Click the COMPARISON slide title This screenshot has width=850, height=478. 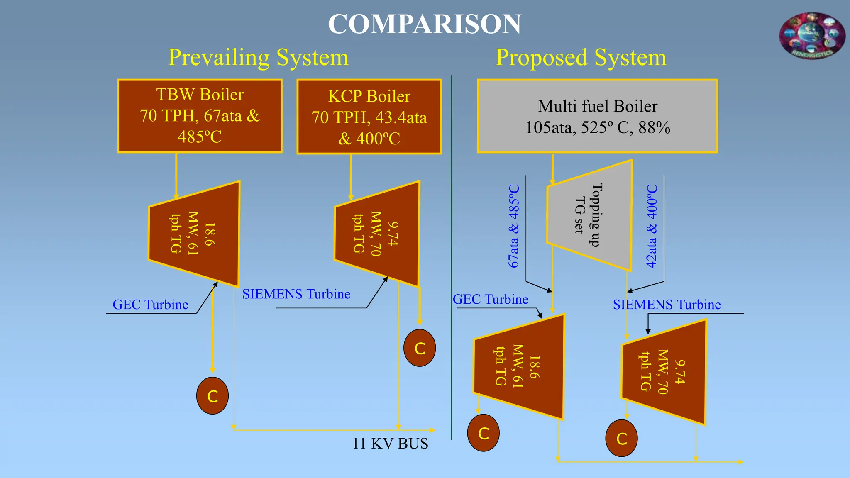[x=424, y=24]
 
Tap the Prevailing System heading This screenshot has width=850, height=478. [x=258, y=57]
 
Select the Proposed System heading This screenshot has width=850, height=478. [x=581, y=57]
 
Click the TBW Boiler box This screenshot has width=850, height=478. [x=200, y=116]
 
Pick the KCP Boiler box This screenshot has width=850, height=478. [x=369, y=117]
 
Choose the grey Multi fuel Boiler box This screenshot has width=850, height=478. [x=597, y=117]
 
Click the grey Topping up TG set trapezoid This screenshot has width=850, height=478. [x=589, y=215]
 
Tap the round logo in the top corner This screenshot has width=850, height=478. [x=811, y=36]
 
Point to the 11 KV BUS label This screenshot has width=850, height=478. [x=390, y=444]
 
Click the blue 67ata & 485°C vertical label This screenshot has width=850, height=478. [x=514, y=226]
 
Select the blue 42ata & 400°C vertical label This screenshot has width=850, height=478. [x=652, y=226]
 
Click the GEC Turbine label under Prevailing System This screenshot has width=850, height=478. [x=150, y=305]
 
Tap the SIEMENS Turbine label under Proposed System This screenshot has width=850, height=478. [x=667, y=305]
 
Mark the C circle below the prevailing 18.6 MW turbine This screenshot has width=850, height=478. [x=212, y=396]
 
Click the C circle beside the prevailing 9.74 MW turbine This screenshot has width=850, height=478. [x=420, y=348]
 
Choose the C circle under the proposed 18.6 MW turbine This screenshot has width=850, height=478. [x=483, y=433]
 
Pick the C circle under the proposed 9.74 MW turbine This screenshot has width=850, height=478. [x=621, y=438]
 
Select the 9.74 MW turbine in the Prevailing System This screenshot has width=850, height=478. [x=377, y=234]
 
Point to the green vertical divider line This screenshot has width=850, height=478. [x=451, y=257]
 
